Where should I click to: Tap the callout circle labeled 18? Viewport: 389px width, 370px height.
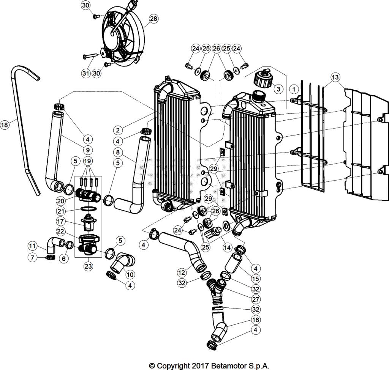pyautogui.click(x=5, y=124)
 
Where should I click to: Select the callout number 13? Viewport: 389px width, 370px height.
pyautogui.click(x=335, y=77)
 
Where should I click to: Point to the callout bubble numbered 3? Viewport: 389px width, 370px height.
pyautogui.click(x=278, y=89)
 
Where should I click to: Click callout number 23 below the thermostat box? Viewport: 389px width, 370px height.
pyautogui.click(x=88, y=266)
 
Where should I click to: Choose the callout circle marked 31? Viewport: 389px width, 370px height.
pyautogui.click(x=86, y=73)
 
